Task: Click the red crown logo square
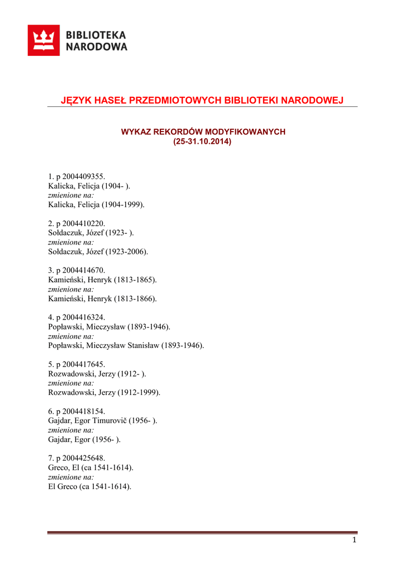tap(44, 40)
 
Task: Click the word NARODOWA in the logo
tap(97, 47)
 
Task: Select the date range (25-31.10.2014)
tap(202, 142)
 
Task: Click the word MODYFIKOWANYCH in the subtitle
tap(245, 131)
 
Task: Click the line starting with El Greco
tap(90, 487)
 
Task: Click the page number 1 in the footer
tap(354, 540)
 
